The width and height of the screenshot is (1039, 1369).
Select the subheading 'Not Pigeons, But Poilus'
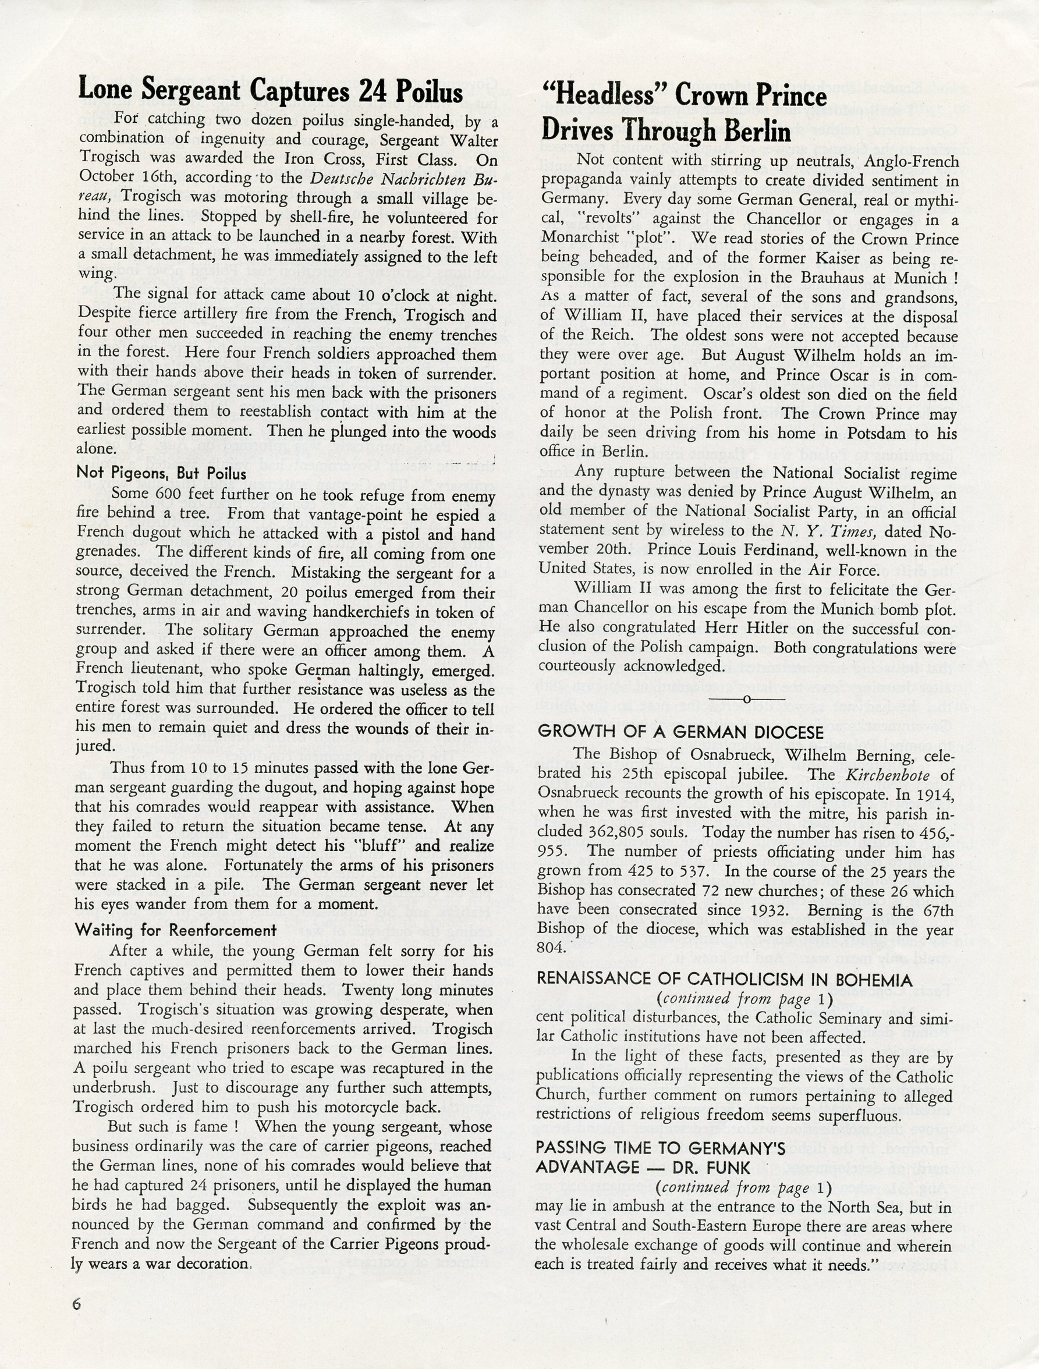click(161, 473)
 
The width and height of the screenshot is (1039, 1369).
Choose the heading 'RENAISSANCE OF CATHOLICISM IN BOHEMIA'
click(725, 980)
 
